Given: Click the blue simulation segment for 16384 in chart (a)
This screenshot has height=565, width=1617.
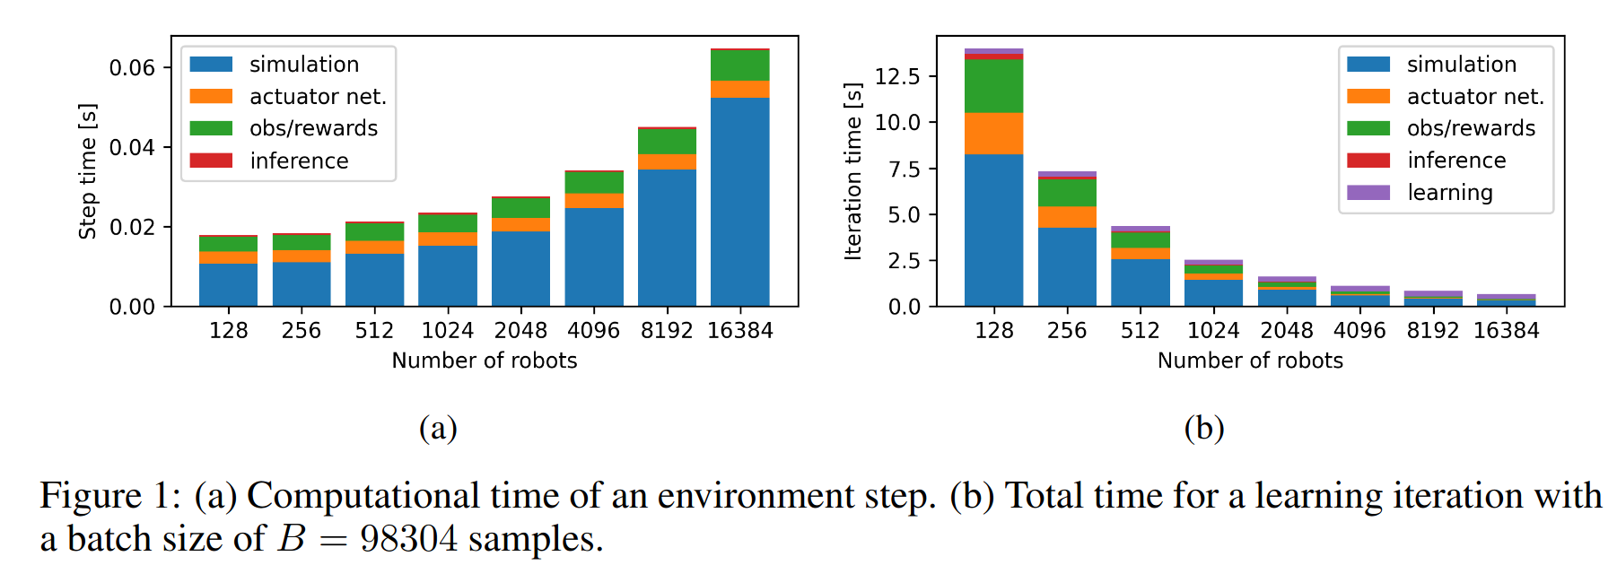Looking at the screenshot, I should coord(739,202).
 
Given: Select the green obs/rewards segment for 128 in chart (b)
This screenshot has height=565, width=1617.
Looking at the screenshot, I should coord(993,86).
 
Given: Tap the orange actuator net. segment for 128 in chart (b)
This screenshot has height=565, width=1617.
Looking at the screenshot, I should coord(993,134).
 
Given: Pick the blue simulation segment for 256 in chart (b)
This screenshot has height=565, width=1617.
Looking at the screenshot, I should coord(1067,266).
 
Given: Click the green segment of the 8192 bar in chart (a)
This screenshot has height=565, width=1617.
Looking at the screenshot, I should coord(667,142).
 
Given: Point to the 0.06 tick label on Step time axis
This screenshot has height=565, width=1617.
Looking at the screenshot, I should coord(132,68).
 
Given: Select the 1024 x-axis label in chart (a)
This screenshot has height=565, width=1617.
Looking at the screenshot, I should coord(447,331).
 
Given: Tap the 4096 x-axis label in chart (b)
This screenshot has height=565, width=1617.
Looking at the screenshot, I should coord(1359,331).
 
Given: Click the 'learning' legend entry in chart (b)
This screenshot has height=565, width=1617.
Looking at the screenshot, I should coord(1449,193).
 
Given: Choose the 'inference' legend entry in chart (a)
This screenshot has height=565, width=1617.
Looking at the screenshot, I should coord(299,161).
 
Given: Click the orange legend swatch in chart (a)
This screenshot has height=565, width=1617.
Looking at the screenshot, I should coord(211,96).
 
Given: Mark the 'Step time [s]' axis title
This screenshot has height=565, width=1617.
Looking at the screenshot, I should coord(88,171).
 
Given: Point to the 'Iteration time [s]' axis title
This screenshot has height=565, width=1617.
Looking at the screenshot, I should coord(853,171).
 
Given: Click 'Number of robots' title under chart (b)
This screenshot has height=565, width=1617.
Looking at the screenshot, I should coord(1250,361).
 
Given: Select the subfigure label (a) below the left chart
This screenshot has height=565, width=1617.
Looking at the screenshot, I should coord(438,428).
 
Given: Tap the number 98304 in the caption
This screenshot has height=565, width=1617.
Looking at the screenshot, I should coord(408,539).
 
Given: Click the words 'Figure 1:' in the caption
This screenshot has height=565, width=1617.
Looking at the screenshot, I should coord(110,496).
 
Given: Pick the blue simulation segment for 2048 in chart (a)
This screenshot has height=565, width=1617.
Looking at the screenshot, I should coord(520,268).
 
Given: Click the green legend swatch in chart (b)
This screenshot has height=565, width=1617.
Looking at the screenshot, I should coord(1368,128).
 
